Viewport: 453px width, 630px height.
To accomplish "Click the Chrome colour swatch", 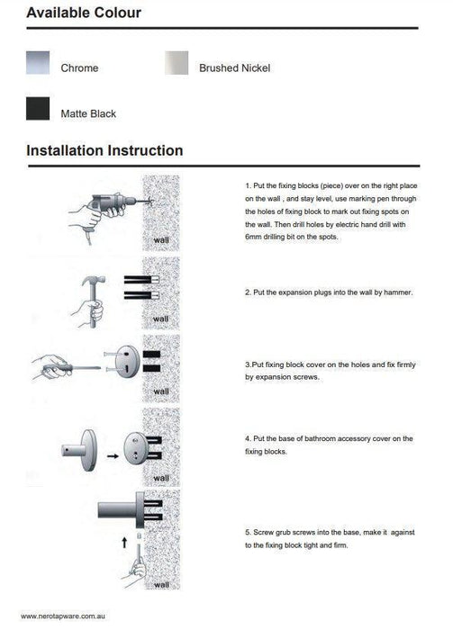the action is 38,63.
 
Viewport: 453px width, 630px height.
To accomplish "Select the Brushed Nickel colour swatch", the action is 177,63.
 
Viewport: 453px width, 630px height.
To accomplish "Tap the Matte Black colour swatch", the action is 38,109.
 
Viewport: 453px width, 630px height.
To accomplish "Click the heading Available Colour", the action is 84,13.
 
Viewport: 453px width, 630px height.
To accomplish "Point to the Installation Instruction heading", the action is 104,150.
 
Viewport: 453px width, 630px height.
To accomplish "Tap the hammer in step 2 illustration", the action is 94,300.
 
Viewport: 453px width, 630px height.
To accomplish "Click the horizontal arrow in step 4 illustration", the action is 113,456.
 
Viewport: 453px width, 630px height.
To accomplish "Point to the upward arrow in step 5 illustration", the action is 124,543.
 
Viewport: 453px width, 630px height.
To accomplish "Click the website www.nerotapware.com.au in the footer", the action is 63,616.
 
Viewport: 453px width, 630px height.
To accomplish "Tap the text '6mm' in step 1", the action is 253,237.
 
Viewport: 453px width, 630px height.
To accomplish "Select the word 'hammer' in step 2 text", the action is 398,292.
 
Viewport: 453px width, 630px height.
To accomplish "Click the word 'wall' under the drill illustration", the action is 161,240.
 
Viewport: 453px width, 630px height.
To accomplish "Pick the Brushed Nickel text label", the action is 235,68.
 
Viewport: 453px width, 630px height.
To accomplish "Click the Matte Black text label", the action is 88,114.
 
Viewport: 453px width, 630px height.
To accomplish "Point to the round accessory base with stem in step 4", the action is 79,450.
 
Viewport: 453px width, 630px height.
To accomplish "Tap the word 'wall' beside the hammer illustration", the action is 161,319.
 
